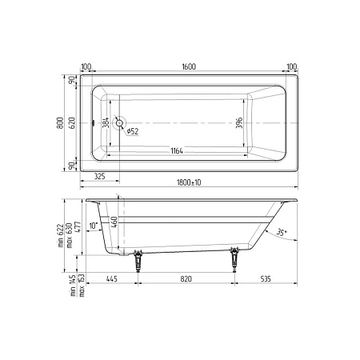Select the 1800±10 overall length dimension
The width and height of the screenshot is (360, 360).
188,183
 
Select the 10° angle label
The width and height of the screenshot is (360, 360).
94,226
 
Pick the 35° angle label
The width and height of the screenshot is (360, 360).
279,233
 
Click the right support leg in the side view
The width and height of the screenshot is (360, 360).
234,258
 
